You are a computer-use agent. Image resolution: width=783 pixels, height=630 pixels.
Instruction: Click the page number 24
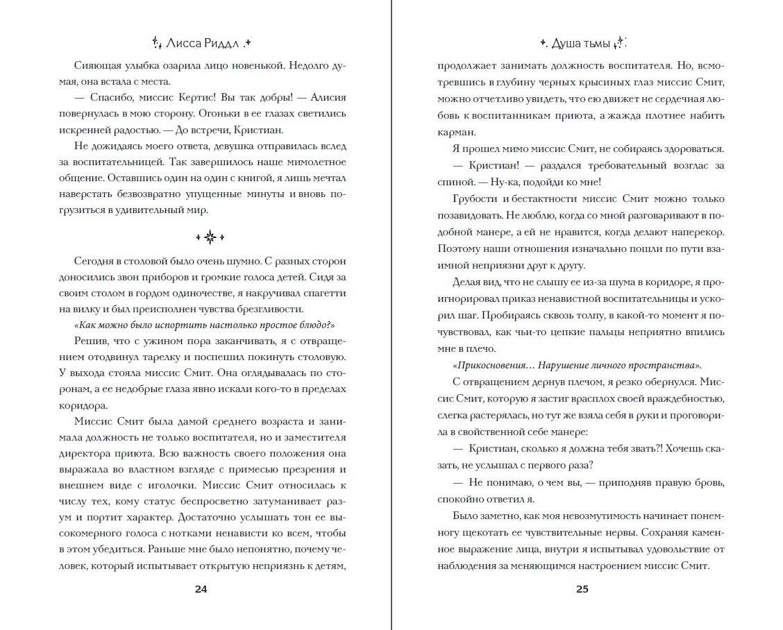(x=201, y=589)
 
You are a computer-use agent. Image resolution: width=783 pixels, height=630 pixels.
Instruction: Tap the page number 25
(x=582, y=589)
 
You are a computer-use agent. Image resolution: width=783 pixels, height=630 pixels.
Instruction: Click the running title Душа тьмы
(x=580, y=43)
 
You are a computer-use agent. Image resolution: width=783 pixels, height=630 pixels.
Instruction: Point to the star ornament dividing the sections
(x=211, y=237)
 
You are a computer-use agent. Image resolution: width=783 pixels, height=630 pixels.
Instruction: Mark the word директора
(x=96, y=453)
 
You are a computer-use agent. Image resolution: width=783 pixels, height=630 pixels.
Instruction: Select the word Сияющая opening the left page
(x=96, y=65)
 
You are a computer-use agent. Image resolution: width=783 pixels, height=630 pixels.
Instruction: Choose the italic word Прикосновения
(x=496, y=365)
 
